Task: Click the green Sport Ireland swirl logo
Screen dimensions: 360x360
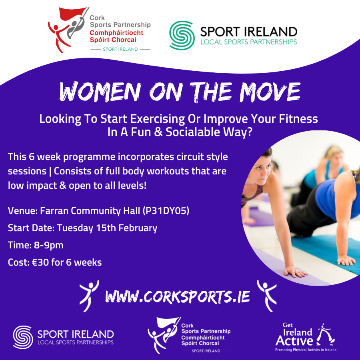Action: pyautogui.click(x=182, y=35)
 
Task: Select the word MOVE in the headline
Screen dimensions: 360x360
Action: pyautogui.click(x=270, y=92)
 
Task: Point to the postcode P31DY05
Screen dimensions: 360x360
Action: pyautogui.click(x=166, y=210)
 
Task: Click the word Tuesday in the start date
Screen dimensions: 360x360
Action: pyautogui.click(x=75, y=228)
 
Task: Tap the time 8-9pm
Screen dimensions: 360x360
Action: pyautogui.click(x=49, y=245)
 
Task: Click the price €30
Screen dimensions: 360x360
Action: pyautogui.click(x=40, y=262)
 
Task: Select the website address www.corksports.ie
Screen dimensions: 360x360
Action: pyautogui.click(x=178, y=296)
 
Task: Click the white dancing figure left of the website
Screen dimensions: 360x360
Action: pyautogui.click(x=89, y=296)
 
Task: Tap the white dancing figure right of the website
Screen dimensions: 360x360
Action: pyautogui.click(x=266, y=296)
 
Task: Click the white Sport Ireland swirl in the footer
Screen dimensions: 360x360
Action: pyautogui.click(x=23, y=337)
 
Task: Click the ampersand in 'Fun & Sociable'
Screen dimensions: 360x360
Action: pyautogui.click(x=158, y=132)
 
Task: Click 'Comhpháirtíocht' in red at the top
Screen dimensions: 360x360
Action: pyautogui.click(x=116, y=33)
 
